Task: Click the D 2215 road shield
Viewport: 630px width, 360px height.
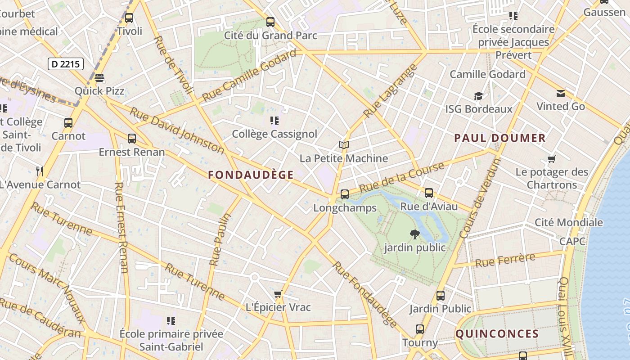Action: pos(66,64)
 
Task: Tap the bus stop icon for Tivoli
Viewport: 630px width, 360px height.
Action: pos(129,18)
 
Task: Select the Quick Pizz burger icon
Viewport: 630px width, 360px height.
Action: pos(99,78)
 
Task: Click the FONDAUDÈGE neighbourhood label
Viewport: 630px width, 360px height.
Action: pos(251,175)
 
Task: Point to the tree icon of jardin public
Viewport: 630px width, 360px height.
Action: pos(414,234)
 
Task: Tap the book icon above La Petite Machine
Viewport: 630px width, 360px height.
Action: pos(344,145)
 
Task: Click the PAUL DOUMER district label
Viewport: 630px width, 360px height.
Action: pos(499,138)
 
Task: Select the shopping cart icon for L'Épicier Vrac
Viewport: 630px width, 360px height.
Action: pos(278,294)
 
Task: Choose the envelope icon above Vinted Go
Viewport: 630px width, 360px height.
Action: pos(561,94)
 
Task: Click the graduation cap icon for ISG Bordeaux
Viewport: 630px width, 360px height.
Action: pos(478,96)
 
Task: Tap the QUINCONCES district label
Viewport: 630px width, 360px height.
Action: pos(497,334)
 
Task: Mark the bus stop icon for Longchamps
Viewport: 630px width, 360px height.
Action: pos(345,194)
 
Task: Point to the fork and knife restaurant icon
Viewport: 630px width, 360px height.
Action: pos(40,171)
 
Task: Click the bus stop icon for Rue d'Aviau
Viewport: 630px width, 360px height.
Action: pos(429,193)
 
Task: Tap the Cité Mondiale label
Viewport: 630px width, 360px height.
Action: pos(568,222)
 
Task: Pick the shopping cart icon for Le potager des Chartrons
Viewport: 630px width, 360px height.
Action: pos(552,159)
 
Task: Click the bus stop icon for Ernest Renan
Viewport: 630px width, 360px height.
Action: pos(132,139)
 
